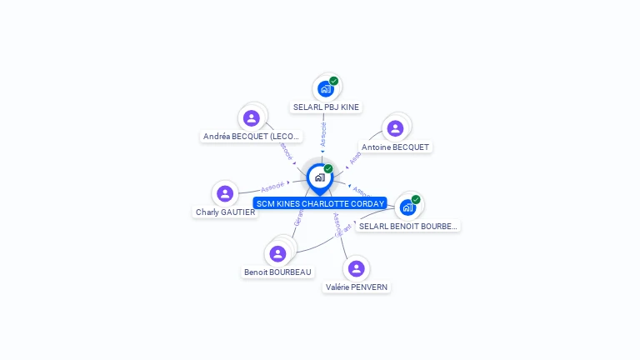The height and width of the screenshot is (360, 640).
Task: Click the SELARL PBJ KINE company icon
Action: pos(325,88)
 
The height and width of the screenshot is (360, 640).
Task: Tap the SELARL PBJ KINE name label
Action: pos(326,107)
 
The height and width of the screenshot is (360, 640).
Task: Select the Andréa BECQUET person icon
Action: pos(252,118)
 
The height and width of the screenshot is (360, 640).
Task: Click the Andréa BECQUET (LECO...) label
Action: pos(252,137)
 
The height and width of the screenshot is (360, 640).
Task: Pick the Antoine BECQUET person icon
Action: pos(395,128)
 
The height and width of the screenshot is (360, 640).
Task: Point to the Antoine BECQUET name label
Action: pos(395,147)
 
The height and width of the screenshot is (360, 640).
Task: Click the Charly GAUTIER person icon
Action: pos(225,193)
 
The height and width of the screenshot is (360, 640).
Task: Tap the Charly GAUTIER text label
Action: pos(225,212)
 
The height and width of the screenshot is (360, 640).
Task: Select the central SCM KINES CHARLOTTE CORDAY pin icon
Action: pos(319,177)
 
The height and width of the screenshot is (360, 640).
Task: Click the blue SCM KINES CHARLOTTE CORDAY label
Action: pos(320,203)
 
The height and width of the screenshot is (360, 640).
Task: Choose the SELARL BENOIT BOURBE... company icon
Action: pos(407,207)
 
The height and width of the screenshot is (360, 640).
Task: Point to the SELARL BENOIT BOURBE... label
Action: pos(408,226)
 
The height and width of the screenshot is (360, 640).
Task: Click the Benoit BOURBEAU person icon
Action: pos(277,253)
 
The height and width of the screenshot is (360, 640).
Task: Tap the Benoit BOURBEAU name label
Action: pos(278,272)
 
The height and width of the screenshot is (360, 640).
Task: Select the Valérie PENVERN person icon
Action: pos(357,268)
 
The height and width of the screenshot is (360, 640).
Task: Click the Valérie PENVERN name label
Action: pos(357,287)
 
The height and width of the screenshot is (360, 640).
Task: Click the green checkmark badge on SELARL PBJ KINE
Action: pos(333,81)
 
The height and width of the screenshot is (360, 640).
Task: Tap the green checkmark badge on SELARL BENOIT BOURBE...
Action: pos(416,199)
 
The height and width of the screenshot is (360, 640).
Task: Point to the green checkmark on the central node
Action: pos(328,168)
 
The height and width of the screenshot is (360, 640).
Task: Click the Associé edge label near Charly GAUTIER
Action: pos(272,187)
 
